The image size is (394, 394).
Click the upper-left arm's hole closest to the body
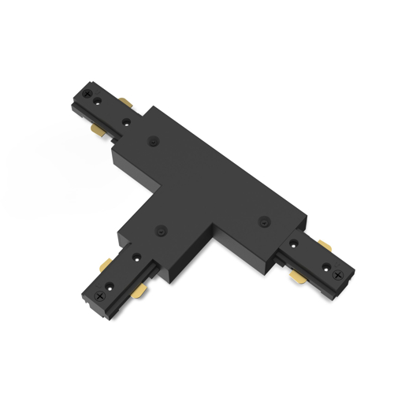[x=126, y=121]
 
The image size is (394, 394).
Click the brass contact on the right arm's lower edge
[x=299, y=277]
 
